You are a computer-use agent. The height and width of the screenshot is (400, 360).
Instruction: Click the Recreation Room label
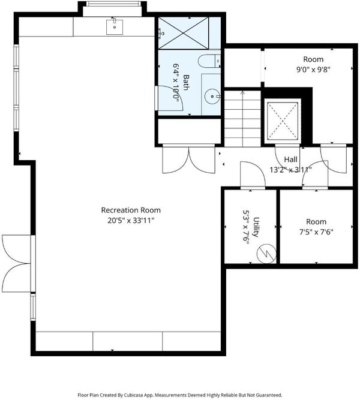[131, 210]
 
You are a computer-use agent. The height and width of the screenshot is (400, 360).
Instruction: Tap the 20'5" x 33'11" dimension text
[131, 220]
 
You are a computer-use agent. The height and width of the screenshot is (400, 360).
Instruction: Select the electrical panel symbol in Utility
[266, 254]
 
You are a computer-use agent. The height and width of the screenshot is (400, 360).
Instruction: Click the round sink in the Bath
[212, 96]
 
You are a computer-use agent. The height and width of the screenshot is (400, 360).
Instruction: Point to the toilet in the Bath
[209, 61]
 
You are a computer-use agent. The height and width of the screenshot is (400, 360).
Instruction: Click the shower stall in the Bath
[184, 33]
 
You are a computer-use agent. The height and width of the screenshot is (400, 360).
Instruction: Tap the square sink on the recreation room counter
[115, 27]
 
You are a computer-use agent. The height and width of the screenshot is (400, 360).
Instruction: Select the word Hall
[290, 160]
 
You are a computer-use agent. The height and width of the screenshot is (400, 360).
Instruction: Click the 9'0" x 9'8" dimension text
[313, 70]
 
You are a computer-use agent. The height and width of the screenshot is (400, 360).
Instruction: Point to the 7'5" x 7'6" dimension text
[316, 232]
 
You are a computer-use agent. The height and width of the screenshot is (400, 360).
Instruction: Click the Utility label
[256, 227]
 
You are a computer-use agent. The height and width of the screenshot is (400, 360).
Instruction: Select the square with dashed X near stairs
[283, 121]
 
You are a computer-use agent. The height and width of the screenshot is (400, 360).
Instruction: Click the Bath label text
[186, 82]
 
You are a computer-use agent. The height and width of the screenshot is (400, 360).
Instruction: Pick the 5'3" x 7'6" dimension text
[245, 227]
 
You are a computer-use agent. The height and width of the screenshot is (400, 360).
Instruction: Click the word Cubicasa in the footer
[134, 395]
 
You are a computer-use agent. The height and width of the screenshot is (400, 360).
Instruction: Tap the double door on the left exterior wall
[16, 263]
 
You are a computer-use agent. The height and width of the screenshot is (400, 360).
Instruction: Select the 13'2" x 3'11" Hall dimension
[290, 169]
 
